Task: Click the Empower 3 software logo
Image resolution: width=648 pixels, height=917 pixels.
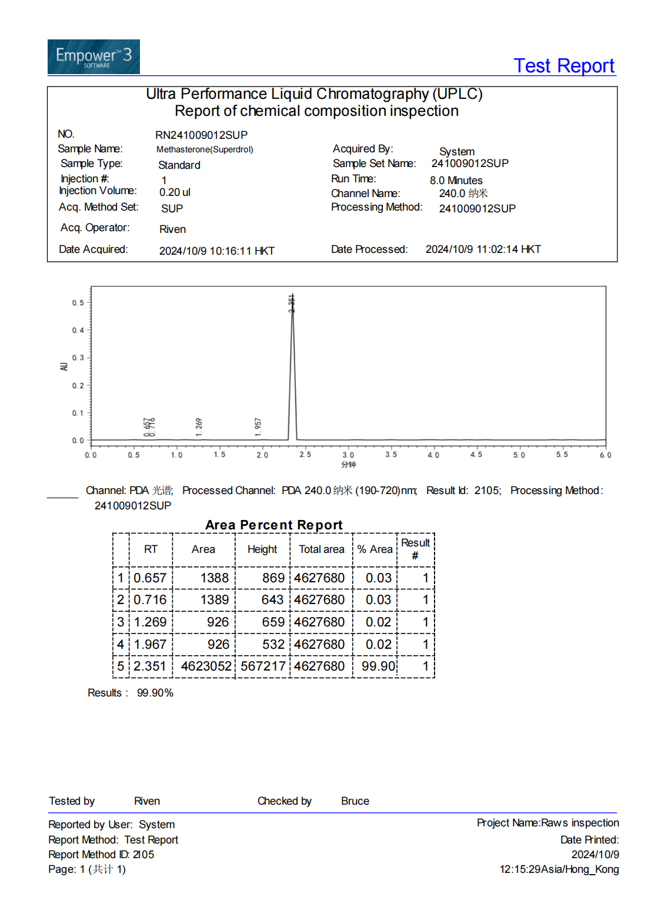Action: [x=93, y=57]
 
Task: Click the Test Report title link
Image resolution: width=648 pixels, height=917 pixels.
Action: [x=564, y=65]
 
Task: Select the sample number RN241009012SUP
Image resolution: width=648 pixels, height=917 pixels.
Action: [x=201, y=135]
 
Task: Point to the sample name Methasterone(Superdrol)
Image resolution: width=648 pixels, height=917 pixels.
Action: [x=205, y=149]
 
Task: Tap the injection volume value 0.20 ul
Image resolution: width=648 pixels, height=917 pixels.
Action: [x=175, y=192]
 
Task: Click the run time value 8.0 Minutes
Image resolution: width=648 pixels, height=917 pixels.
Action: [x=456, y=180]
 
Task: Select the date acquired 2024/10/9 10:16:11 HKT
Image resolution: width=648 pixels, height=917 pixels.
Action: [x=216, y=251]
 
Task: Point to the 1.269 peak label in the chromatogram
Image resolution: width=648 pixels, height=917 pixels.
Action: [x=199, y=426]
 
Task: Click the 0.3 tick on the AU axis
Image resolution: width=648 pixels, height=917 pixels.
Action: [x=78, y=358]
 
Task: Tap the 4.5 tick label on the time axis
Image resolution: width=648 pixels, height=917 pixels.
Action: [x=476, y=455]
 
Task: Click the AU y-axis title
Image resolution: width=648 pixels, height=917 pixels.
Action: [x=64, y=366]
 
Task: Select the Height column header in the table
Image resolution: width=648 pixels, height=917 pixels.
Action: [x=262, y=549]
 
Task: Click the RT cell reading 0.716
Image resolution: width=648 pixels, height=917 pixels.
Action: [x=150, y=599]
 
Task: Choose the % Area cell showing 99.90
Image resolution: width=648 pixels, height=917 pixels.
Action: [x=378, y=666]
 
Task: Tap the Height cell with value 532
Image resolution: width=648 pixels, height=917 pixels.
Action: [x=273, y=644]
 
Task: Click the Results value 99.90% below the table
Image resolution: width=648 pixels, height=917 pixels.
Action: [x=155, y=693]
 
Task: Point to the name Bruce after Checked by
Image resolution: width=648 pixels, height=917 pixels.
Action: [x=355, y=801]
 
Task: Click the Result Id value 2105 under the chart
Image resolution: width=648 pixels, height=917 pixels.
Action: [x=487, y=491]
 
